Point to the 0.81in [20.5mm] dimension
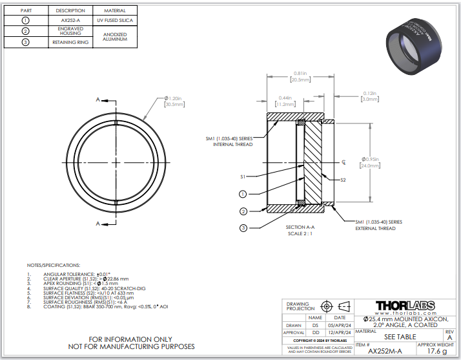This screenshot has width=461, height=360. pyautogui.click(x=300, y=76)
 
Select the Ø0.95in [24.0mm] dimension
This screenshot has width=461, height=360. pyautogui.click(x=372, y=162)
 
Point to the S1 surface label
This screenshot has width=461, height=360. pyautogui.click(x=243, y=176)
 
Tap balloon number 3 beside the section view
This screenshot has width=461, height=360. pyautogui.click(x=243, y=228)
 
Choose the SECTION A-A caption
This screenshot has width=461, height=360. pyautogui.click(x=300, y=228)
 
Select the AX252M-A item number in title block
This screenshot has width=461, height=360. pyautogui.click(x=385, y=351)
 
